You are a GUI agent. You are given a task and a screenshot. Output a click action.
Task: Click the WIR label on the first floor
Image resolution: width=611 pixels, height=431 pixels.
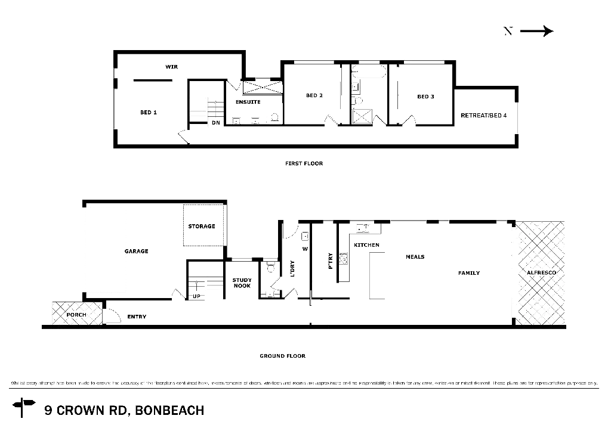click(172, 67)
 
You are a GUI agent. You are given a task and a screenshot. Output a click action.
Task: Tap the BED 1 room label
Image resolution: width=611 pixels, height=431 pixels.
click(148, 112)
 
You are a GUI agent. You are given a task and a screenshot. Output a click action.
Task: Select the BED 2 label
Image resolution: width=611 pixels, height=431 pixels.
click(314, 95)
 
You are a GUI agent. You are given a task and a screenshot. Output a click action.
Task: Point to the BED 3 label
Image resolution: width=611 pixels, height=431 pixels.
click(425, 96)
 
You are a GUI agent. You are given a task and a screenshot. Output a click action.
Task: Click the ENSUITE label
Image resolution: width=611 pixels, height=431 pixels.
click(248, 103)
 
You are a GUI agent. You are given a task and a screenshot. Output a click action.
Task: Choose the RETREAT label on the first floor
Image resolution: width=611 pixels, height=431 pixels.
click(482, 115)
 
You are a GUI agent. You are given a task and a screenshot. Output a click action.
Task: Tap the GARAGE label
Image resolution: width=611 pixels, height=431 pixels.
click(136, 252)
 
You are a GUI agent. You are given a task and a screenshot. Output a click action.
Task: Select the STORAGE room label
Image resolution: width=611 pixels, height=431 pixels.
click(201, 227)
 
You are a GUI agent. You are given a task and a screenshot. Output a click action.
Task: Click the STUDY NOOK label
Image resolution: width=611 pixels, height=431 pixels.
click(241, 283)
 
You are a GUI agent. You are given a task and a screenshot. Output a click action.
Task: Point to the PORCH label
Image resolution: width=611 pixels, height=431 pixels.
click(76, 314)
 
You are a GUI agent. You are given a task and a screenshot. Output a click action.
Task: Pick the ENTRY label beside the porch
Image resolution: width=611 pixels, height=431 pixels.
click(137, 317)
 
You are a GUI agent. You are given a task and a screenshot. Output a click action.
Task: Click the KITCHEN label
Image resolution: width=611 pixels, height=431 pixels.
click(367, 245)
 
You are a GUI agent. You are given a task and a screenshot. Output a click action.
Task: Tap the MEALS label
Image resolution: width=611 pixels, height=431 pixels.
click(415, 257)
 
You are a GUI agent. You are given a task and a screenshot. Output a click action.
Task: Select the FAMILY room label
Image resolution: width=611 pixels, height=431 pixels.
click(470, 272)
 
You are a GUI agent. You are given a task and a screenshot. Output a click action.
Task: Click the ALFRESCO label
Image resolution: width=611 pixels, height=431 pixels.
click(541, 272)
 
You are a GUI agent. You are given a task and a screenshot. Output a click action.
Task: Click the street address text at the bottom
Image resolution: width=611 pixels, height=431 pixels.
click(124, 410)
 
